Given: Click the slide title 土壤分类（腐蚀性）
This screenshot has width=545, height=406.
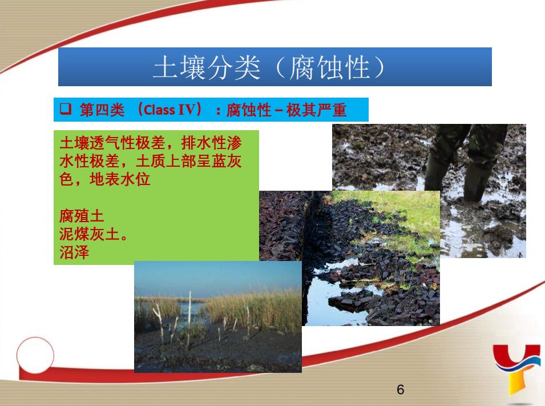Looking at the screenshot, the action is [269, 67].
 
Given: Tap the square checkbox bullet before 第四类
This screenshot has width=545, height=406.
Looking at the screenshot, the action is [65, 109].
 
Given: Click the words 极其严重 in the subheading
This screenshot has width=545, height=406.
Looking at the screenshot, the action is [316, 110].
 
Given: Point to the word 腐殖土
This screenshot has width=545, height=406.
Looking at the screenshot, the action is [82, 216].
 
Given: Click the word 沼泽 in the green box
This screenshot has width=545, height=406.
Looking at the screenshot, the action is [74, 252].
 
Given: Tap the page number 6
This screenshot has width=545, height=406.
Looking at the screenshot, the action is [401, 389].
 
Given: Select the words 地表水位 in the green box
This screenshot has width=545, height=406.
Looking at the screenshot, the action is [120, 179].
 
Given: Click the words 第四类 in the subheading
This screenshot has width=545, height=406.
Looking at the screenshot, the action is [102, 110].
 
